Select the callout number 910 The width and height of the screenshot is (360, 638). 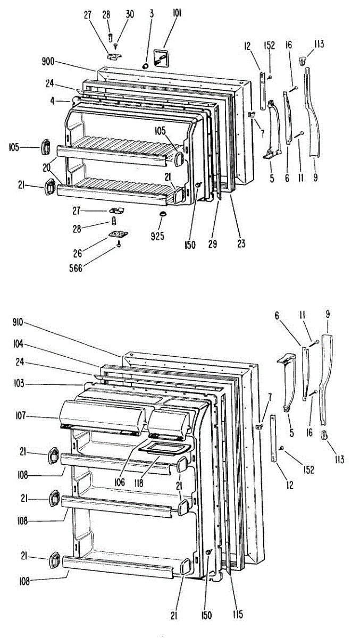[18, 322]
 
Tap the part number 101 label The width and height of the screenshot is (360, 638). [177, 14]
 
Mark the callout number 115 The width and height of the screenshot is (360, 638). [237, 615]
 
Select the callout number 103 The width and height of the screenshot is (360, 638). [18, 383]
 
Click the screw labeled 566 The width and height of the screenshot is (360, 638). [119, 245]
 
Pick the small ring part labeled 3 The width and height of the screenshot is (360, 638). [146, 65]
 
